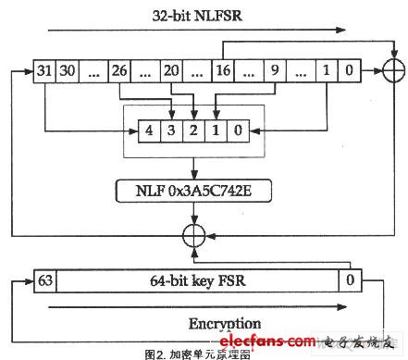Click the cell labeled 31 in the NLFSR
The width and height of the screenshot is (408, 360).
tap(43, 70)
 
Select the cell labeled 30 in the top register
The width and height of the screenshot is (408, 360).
tap(67, 70)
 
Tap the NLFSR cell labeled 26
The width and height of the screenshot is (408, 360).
tap(117, 70)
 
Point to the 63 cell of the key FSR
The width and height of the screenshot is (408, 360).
tap(44, 279)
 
